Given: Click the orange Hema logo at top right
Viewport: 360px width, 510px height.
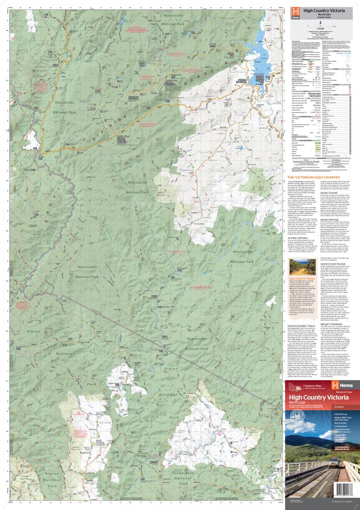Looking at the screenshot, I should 295,12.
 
